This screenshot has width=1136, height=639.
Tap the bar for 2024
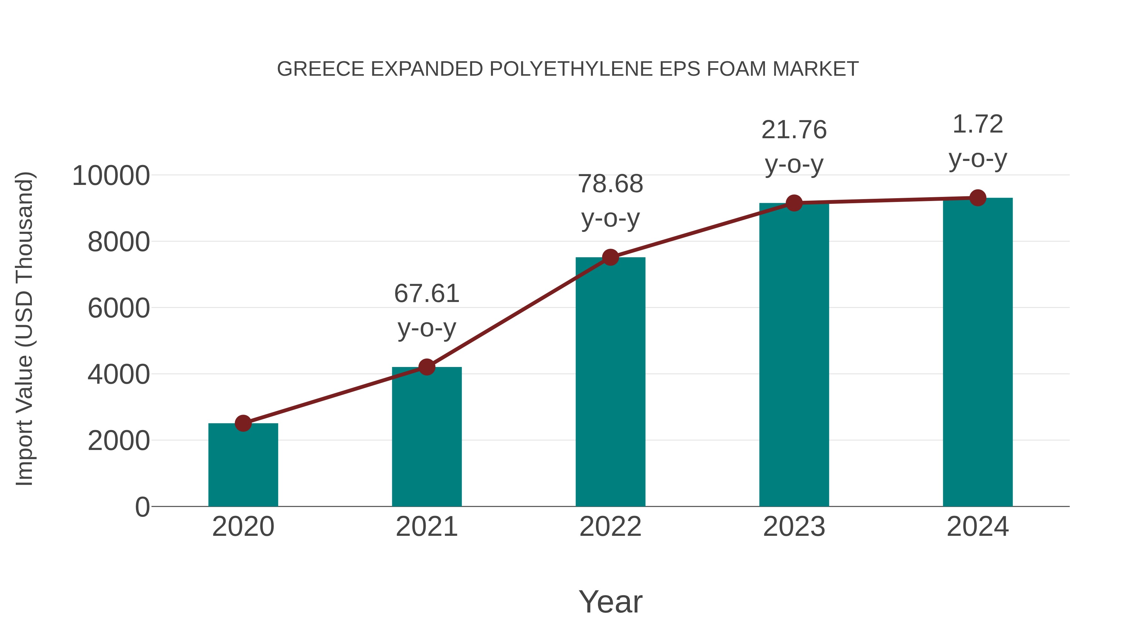click(978, 352)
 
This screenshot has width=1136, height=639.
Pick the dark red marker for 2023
click(794, 203)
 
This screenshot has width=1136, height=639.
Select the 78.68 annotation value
click(610, 184)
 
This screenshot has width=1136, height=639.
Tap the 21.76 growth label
click(794, 130)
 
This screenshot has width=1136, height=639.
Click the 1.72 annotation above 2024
click(978, 124)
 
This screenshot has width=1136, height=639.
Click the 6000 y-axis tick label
click(119, 308)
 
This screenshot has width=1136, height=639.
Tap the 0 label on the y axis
click(142, 507)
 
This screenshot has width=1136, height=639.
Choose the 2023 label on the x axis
click(794, 527)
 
